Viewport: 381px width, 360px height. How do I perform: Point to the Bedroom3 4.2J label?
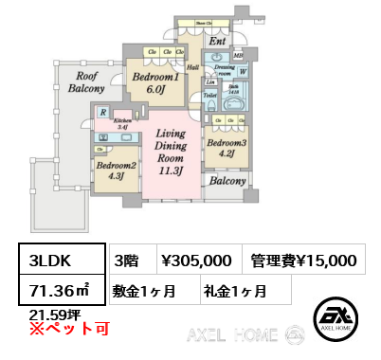click(x=227, y=147)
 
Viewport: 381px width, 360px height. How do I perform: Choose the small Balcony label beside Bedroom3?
click(x=228, y=181)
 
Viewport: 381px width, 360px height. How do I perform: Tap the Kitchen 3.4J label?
click(x=123, y=124)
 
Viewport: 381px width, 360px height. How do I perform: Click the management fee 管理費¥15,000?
click(x=302, y=260)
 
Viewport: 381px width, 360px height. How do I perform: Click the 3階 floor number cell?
click(x=125, y=260)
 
